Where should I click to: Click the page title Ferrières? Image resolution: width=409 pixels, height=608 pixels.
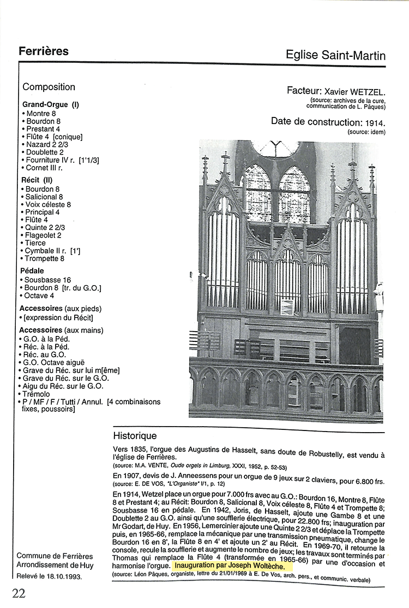point(44,51)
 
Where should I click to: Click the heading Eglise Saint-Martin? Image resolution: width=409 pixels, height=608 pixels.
point(335,55)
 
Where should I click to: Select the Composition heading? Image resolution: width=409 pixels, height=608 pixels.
point(49,87)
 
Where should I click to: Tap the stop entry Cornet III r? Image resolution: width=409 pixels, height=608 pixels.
point(44,168)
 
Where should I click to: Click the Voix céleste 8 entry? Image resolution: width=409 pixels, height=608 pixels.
point(48,204)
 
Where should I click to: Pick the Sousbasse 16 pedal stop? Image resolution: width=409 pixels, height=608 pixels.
point(48,280)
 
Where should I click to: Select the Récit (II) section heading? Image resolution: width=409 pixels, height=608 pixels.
point(37,179)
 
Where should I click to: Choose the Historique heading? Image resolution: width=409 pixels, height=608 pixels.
point(135,436)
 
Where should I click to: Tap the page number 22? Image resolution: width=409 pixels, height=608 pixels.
point(19,593)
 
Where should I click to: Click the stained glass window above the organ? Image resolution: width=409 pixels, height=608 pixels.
point(278,191)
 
